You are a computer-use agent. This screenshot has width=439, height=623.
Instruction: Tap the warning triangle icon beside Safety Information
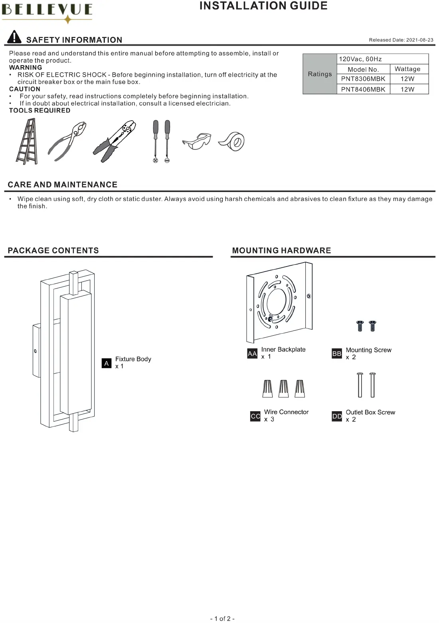[x=14, y=37]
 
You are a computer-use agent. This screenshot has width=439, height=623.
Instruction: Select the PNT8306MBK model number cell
[x=363, y=79]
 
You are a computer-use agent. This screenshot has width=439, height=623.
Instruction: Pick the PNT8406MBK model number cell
[x=363, y=90]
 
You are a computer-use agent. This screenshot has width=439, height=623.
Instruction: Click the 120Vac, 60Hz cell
[x=360, y=59]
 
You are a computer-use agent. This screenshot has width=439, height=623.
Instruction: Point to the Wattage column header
[x=407, y=69]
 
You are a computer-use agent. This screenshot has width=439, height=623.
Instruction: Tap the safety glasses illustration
[x=196, y=141]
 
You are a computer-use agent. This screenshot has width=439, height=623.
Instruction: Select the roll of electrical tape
[x=232, y=141]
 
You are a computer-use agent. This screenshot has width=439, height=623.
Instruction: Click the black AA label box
[x=252, y=354]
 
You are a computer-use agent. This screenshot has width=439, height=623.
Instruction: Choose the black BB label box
[x=337, y=354]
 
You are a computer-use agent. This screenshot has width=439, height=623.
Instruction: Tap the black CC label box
[x=255, y=416]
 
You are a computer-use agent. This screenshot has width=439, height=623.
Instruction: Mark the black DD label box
[x=337, y=416]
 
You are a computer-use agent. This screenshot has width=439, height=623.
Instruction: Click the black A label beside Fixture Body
[x=107, y=363]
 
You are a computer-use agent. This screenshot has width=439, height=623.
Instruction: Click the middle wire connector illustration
[x=283, y=388]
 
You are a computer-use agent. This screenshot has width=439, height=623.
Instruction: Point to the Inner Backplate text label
[x=283, y=350]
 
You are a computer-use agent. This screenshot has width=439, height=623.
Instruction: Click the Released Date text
[x=401, y=40]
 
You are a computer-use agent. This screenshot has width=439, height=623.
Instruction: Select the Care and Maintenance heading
[x=63, y=185]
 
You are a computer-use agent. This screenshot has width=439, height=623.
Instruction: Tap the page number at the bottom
[x=222, y=619]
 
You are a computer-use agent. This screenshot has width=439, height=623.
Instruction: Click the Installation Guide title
[x=263, y=6]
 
